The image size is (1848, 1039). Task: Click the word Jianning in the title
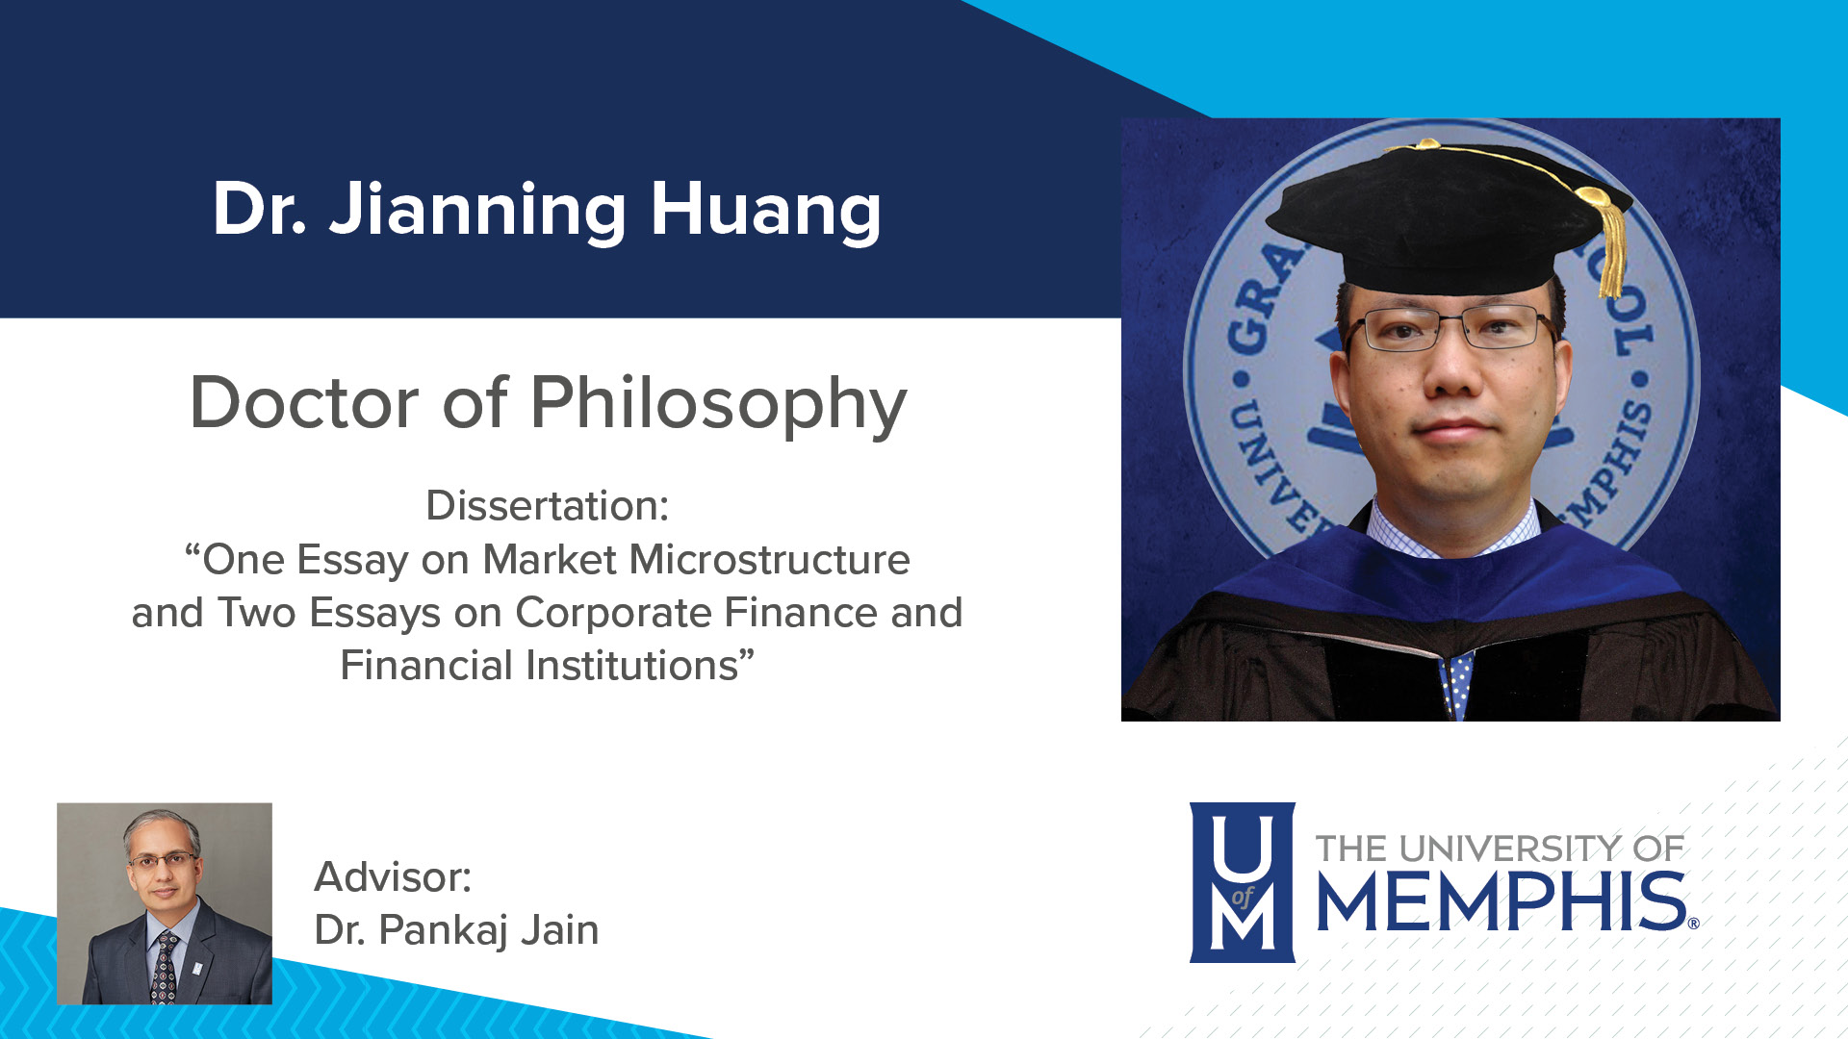click(476, 211)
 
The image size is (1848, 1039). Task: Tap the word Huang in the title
click(765, 211)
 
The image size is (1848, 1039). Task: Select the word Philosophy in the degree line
click(718, 403)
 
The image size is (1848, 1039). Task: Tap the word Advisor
click(393, 877)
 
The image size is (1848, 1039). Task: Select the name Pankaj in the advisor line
click(443, 930)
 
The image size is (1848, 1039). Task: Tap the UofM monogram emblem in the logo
click(1242, 882)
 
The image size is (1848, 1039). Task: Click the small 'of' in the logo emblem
click(1242, 897)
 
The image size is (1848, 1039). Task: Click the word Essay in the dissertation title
click(352, 560)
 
